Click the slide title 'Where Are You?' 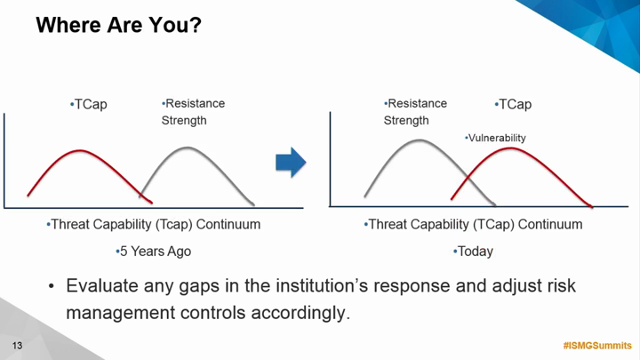click(119, 25)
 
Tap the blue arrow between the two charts click(291, 163)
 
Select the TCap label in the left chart click(89, 105)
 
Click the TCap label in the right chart click(513, 105)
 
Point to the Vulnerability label click(495, 138)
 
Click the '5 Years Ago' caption click(154, 251)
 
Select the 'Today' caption click(474, 251)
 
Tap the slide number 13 click(17, 346)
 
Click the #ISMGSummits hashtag click(597, 346)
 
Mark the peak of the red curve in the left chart click(80, 150)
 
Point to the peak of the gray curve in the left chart click(188, 148)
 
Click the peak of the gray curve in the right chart click(420, 140)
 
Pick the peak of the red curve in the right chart click(510, 148)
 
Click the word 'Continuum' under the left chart click(228, 224)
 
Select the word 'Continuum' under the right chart click(550, 224)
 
